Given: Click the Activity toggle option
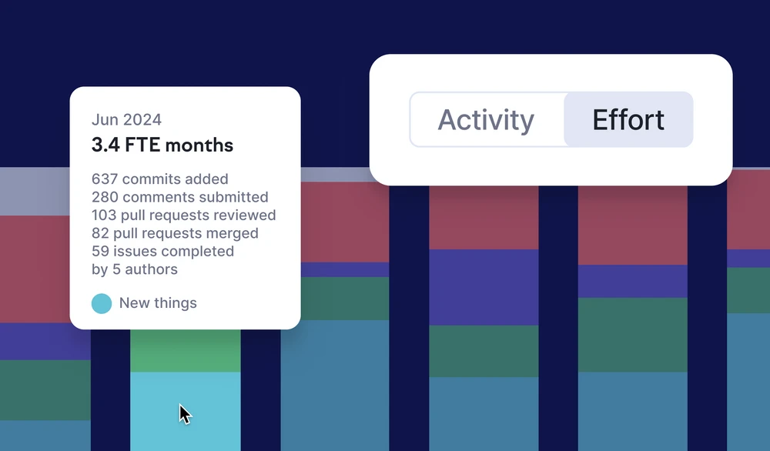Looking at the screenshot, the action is pos(486,120).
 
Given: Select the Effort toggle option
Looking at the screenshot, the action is pos(628,120).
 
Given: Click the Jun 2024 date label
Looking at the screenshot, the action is pos(127,120).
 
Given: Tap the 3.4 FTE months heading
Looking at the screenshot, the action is pos(162,145).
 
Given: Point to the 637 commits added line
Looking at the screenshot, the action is pos(160,179).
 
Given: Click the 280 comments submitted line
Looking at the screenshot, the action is pos(179,197).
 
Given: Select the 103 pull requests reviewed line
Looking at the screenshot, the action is pos(184,215).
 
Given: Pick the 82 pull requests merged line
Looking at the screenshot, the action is pos(175,233).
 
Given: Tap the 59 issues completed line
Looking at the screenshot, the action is pos(163,251).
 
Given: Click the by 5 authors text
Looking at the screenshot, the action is pos(135,269).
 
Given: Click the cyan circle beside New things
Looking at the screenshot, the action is pos(102,303).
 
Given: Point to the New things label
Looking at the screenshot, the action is pos(158,303).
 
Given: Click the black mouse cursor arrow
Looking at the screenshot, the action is pos(185,414).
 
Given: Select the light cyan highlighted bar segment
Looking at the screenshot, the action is pos(186,411).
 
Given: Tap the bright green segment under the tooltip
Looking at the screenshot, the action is pos(186,351).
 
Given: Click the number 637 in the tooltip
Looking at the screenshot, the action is pos(105,179).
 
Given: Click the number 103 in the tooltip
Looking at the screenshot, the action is pos(104,215).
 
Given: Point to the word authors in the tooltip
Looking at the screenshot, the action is pos(151,269).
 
